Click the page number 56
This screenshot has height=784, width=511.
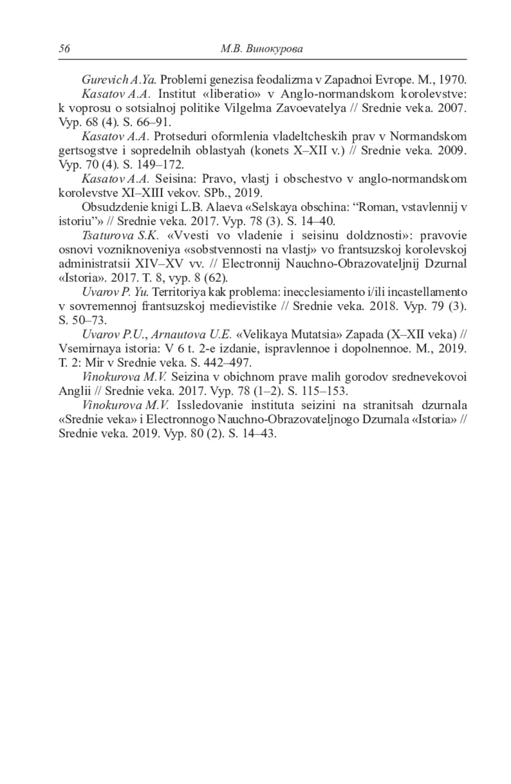click(64, 49)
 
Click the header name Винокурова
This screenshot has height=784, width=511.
click(274, 49)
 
